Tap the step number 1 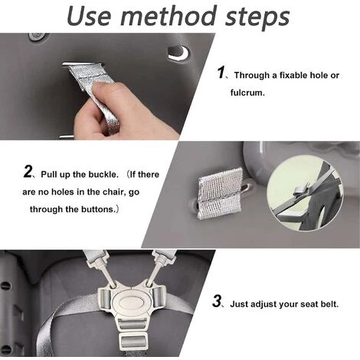[x=221, y=73]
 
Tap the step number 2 [x=28, y=171]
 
